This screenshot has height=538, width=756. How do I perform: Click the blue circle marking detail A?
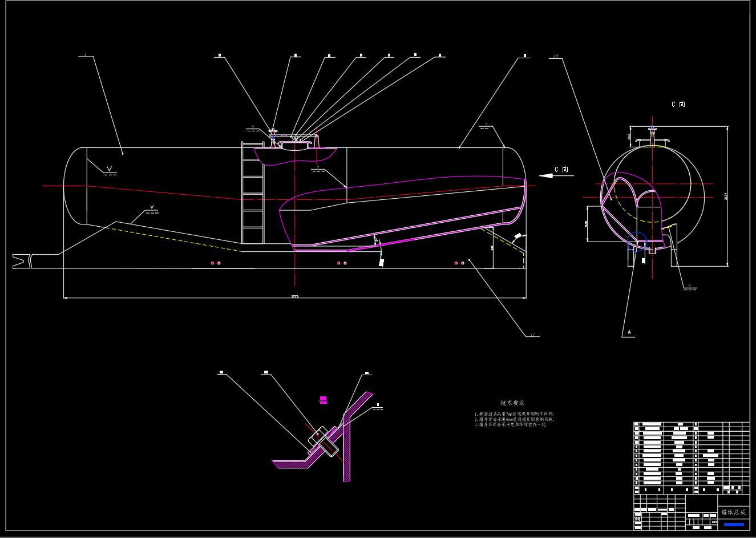click(x=637, y=240)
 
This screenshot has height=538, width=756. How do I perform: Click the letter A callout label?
click(x=629, y=332)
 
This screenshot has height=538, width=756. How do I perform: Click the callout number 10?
click(x=555, y=57)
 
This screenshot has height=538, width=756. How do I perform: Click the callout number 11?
click(x=532, y=335)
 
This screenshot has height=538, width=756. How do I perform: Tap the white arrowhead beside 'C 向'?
click(x=546, y=175)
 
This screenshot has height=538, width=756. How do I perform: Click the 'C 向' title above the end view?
click(x=678, y=105)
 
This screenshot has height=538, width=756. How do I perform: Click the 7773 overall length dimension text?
click(x=294, y=296)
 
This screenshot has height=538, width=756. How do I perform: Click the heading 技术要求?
click(x=512, y=403)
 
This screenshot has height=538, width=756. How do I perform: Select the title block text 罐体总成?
click(x=733, y=512)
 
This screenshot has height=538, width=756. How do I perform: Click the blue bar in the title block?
click(x=733, y=524)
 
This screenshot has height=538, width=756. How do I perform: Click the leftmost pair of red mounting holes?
click(x=215, y=263)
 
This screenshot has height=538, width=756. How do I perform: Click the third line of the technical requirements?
click(x=511, y=424)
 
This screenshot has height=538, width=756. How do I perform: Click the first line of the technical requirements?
click(x=514, y=413)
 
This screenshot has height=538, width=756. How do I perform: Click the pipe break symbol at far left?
click(x=22, y=260)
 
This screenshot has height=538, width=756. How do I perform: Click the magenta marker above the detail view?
click(x=323, y=400)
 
